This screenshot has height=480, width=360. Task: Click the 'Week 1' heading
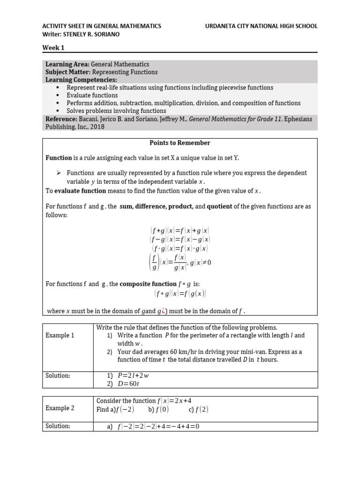(53, 47)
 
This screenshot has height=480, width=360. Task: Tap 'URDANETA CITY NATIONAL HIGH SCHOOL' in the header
(261, 26)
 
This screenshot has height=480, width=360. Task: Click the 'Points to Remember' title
(180, 142)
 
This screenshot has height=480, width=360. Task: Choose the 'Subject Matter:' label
(68, 72)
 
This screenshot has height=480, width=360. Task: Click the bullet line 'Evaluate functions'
(92, 95)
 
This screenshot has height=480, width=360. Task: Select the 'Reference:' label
(60, 119)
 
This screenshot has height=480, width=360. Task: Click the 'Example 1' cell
(60, 335)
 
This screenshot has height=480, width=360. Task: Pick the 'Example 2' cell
(60, 408)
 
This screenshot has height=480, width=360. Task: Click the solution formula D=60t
(128, 383)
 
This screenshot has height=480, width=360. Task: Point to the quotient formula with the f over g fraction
(180, 262)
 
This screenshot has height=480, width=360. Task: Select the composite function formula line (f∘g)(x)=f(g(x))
(180, 293)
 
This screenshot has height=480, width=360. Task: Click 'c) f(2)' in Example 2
(199, 409)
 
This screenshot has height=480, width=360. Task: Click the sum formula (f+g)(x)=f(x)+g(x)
(180, 231)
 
